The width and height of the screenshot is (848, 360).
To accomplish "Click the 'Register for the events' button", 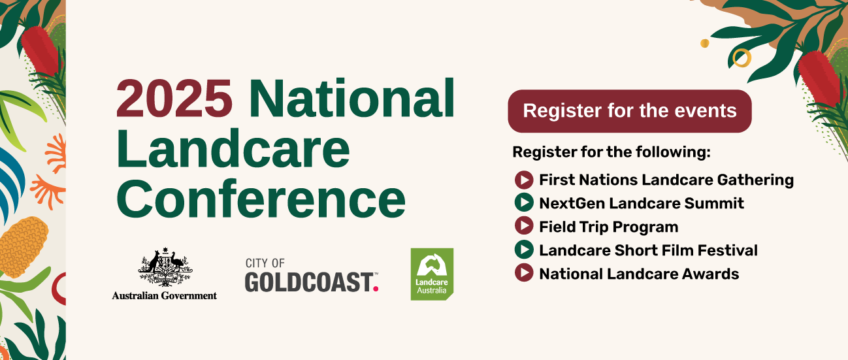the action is pos(630,111).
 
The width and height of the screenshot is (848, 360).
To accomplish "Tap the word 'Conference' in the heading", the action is pos(261,199).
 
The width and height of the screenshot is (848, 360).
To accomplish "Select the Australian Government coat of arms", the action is pos(165,267).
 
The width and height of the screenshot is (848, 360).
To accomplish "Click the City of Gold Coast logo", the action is pos(312,275).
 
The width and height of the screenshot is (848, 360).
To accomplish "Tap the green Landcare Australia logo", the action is pos(432,274).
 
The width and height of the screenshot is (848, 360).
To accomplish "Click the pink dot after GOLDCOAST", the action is pos(376,289).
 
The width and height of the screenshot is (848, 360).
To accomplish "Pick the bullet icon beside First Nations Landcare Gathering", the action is pos(524,180).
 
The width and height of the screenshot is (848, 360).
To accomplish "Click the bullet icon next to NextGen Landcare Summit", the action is pos(524,203).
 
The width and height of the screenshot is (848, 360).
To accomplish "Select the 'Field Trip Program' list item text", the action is pos(609,227).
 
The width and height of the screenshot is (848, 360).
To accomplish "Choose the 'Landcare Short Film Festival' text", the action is pos(649,250).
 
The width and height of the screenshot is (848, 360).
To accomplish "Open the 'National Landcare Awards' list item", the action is pos(639,274).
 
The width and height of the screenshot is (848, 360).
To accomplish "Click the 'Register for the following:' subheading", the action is pos(612,152).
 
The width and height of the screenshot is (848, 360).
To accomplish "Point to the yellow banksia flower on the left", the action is pos(23,247).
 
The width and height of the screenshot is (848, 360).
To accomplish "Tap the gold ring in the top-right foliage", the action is pos(742,58).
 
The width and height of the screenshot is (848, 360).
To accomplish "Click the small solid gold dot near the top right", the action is pos(704,43).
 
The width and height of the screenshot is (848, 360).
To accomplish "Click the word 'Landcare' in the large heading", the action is pos(233,148).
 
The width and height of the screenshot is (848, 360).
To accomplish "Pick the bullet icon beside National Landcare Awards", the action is pos(524,272).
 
